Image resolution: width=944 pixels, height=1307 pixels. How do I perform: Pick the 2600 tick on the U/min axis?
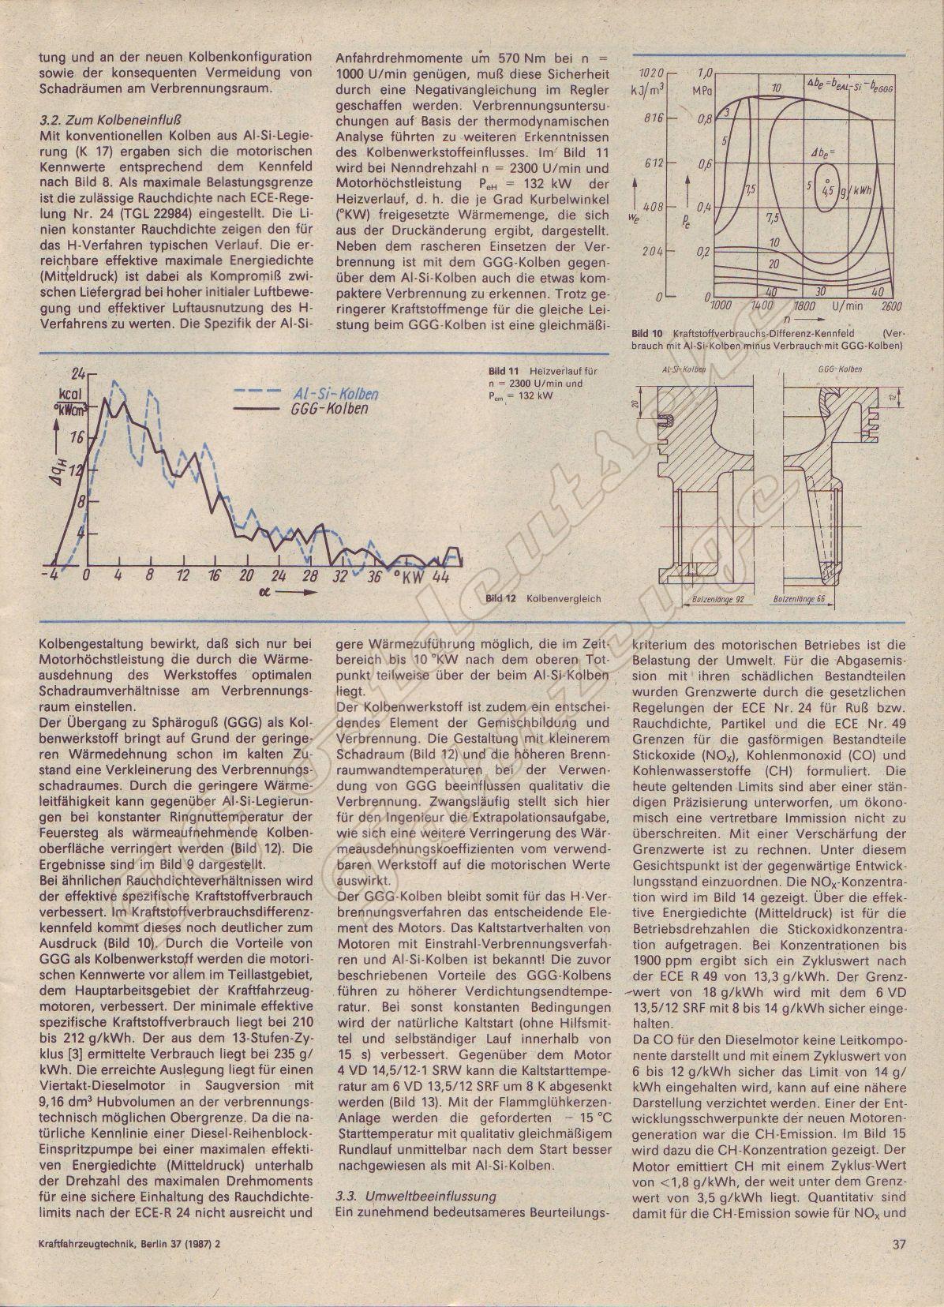pos(890,305)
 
